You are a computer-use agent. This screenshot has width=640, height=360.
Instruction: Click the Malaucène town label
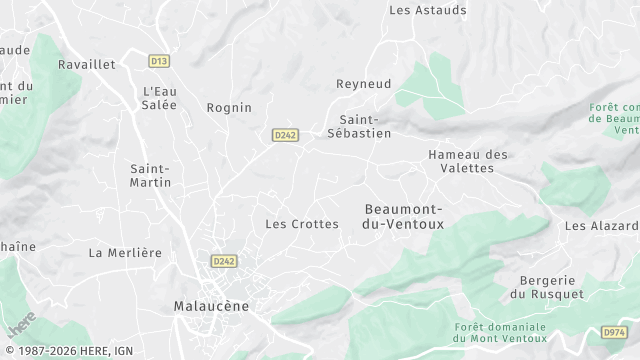[212, 306]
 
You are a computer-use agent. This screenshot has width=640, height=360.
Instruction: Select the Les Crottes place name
[302, 224]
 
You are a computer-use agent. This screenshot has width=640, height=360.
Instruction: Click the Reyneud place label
[362, 84]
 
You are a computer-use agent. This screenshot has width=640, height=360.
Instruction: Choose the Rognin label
[229, 107]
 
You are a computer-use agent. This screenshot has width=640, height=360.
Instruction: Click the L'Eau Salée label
[159, 98]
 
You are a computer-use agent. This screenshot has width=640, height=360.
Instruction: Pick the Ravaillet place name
[87, 64]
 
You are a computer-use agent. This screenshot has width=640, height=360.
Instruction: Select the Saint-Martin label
[151, 175]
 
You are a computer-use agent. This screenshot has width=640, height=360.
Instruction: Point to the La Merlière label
[125, 253]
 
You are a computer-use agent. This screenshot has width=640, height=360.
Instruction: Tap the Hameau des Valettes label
[467, 161]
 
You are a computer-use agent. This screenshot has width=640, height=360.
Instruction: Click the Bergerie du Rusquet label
[546, 287]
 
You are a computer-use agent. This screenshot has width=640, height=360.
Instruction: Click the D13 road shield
[158, 61]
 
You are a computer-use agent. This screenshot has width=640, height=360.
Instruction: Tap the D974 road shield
[614, 332]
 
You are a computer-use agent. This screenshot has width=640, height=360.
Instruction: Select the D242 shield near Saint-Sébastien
[285, 135]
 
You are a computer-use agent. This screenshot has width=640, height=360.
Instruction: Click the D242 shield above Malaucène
[223, 261]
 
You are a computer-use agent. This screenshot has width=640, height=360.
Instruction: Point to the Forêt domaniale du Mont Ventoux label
[500, 333]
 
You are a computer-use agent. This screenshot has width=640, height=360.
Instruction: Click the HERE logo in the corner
[22, 326]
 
